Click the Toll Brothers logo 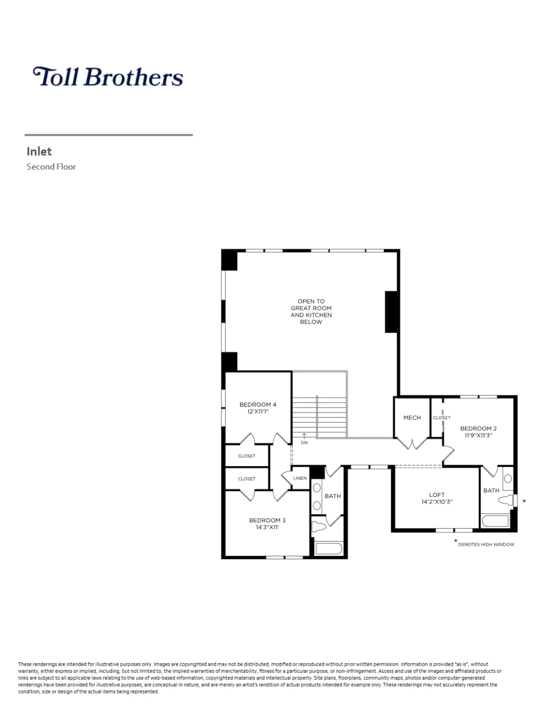tap(108, 77)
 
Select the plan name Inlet tap(39, 151)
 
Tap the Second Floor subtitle tap(51, 167)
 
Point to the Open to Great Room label tap(311, 311)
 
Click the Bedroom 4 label tap(258, 405)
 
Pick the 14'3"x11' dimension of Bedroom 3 tap(267, 527)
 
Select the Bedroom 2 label tap(478, 428)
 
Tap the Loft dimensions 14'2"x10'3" tap(436, 502)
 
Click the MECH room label tap(412, 418)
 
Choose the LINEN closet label tap(300, 479)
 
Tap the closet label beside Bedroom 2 tap(441, 418)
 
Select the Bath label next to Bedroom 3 tap(332, 496)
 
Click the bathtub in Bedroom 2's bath tap(495, 521)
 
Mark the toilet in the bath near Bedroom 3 tap(319, 526)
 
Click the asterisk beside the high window tap(524, 502)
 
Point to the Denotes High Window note tap(486, 544)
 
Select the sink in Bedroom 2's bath tap(508, 479)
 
